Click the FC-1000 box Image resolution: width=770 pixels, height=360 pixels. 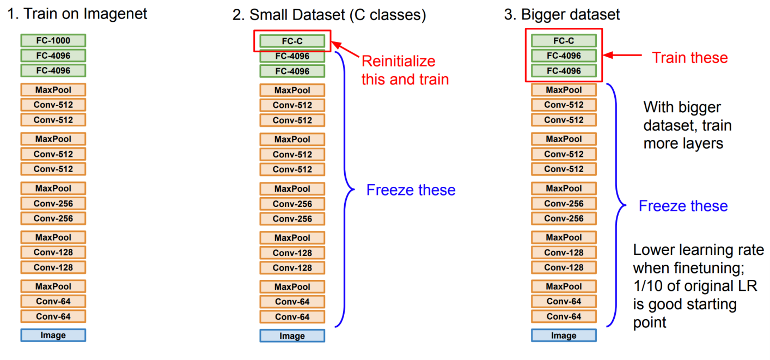pyautogui.click(x=53, y=40)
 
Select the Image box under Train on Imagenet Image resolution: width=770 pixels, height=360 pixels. pyautogui.click(x=53, y=335)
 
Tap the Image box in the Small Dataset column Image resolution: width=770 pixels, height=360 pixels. pyautogui.click(x=292, y=335)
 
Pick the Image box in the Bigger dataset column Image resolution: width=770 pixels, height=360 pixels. pyautogui.click(x=564, y=335)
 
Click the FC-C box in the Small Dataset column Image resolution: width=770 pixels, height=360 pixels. pyautogui.click(x=292, y=41)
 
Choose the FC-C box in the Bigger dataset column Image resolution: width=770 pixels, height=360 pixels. pyautogui.click(x=564, y=40)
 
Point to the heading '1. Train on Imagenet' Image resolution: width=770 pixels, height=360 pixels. pyautogui.click(x=77, y=14)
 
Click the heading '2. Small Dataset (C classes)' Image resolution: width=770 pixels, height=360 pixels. pyautogui.click(x=329, y=15)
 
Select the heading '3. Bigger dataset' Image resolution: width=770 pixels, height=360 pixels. pyautogui.click(x=562, y=15)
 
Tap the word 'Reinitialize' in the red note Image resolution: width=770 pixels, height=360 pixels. pyautogui.click(x=399, y=60)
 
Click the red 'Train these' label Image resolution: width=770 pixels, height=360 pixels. pyautogui.click(x=690, y=58)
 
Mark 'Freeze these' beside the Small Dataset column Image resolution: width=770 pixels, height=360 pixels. pyautogui.click(x=411, y=190)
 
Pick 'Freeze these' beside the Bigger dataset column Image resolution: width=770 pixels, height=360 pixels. pyautogui.click(x=683, y=206)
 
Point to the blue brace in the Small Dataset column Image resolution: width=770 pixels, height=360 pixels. pyautogui.click(x=346, y=190)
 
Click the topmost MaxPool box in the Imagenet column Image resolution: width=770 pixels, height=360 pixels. pyautogui.click(x=53, y=89)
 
